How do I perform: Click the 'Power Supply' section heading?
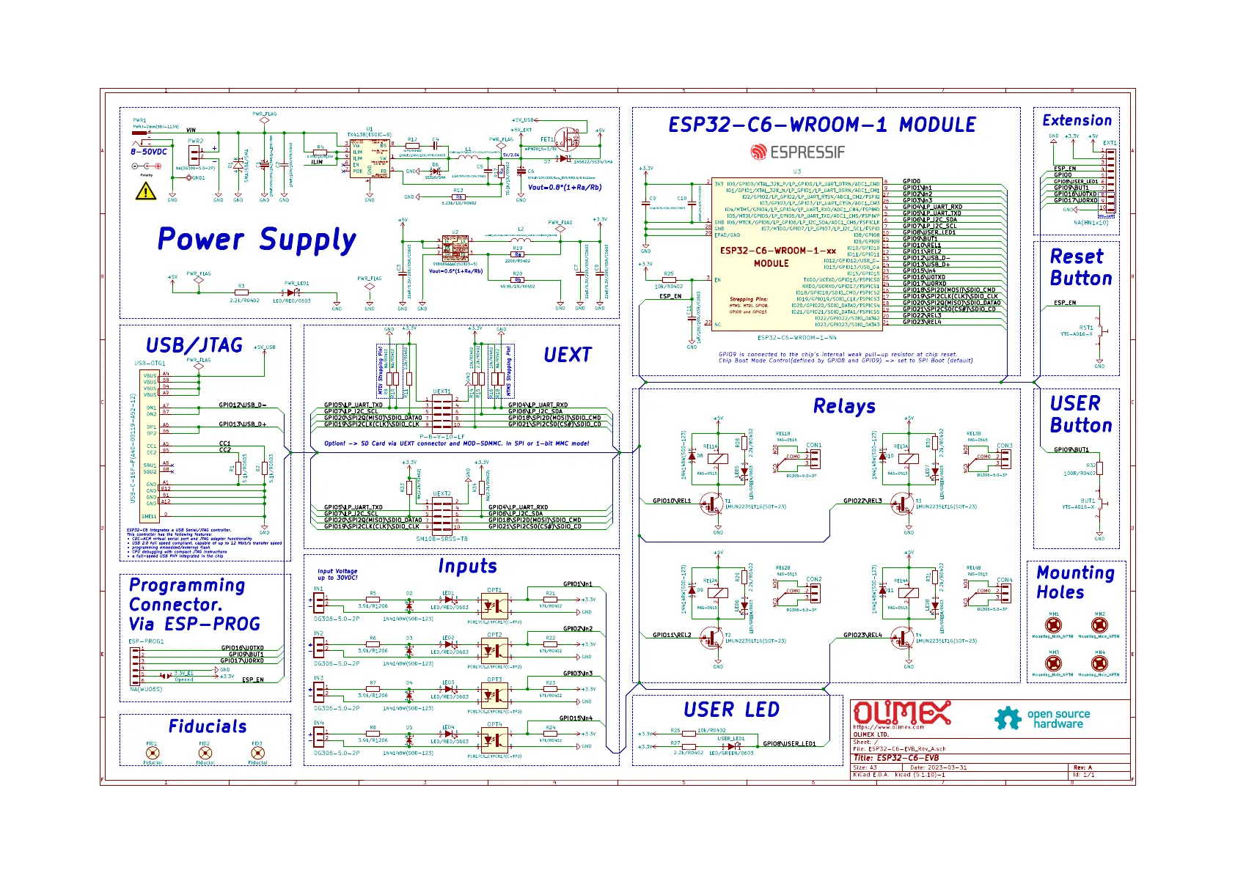(257, 240)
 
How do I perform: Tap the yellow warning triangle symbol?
(146, 191)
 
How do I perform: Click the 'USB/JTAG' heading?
(194, 345)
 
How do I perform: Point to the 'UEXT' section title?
(567, 355)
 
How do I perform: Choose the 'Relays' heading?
(844, 406)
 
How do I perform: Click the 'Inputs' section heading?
(467, 566)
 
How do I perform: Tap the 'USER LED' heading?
(731, 710)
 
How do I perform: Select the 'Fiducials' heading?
(208, 726)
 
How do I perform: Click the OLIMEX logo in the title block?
(901, 713)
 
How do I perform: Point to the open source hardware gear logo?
(1008, 718)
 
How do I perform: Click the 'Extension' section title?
(1077, 120)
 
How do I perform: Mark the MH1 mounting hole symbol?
(1053, 625)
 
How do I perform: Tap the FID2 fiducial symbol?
(205, 753)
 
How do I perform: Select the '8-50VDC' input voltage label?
(149, 152)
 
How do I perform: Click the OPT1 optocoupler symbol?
(495, 606)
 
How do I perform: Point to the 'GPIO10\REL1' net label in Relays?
(672, 501)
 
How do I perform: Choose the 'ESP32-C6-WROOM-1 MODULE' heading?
(821, 125)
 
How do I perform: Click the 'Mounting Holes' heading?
(1075, 582)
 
